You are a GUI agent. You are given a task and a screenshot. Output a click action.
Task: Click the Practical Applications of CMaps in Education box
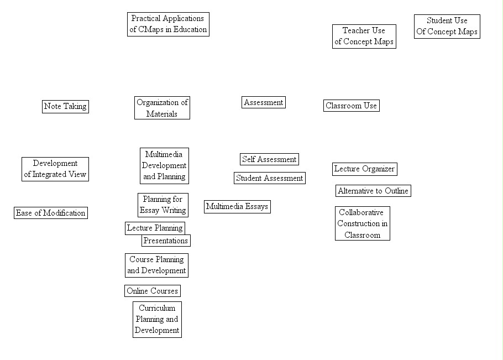click(168, 24)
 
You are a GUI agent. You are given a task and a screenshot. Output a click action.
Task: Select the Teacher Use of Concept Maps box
click(364, 36)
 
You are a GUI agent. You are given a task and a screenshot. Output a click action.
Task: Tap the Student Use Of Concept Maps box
click(447, 26)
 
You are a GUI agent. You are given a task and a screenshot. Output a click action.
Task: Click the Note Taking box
click(65, 106)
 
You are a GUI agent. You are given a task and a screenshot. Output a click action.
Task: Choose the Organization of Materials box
click(162, 108)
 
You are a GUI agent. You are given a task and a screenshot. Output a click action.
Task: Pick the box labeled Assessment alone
click(264, 102)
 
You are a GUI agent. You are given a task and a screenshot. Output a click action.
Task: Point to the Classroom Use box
click(351, 106)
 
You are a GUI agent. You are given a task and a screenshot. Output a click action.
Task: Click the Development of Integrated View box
click(55, 169)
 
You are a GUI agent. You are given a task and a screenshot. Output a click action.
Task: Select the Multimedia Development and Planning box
click(164, 165)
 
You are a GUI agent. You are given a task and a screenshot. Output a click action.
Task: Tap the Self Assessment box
click(269, 159)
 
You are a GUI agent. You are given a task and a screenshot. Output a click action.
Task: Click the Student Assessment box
click(269, 178)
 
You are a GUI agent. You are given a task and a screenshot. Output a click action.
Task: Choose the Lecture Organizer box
click(364, 169)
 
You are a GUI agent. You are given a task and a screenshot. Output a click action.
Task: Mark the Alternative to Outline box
click(373, 191)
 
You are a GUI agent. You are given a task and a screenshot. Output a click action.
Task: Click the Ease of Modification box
click(50, 213)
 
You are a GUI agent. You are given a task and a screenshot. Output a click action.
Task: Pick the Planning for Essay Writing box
click(163, 205)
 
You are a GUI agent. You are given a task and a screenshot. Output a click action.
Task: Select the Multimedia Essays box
click(237, 207)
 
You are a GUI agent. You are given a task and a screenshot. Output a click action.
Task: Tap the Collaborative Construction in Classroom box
click(362, 223)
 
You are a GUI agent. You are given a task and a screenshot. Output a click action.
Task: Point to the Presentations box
click(165, 241)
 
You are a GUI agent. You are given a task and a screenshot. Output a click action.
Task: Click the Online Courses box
click(152, 291)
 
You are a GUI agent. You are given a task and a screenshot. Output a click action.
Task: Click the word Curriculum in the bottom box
click(157, 308)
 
